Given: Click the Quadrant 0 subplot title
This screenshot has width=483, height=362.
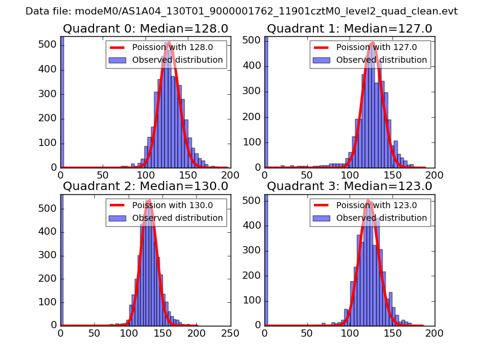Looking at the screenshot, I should tap(146, 28).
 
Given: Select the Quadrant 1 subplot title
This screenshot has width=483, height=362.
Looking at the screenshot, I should tap(350, 28).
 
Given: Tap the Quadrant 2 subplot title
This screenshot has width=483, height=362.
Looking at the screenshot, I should tap(146, 186).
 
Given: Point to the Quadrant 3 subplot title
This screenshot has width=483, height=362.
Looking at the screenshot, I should tap(350, 186).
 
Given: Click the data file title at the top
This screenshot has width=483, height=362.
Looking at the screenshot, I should tap(241, 11).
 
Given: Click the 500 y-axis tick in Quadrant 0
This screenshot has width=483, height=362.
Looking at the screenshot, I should tap(49, 45).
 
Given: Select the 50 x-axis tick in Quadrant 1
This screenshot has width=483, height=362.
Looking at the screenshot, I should tap(307, 174).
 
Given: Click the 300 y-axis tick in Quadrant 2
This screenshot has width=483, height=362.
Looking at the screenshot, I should tap(49, 255).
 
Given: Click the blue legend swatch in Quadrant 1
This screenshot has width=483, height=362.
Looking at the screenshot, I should tap(322, 60).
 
